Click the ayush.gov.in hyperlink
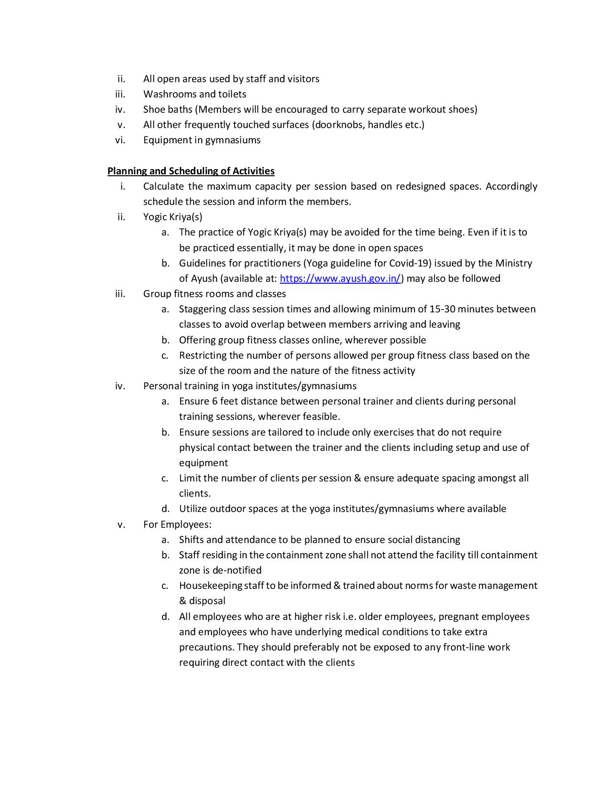(x=340, y=278)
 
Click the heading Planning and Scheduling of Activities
(x=191, y=171)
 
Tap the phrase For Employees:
(x=177, y=524)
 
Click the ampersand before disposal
(x=182, y=601)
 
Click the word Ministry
(x=513, y=263)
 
